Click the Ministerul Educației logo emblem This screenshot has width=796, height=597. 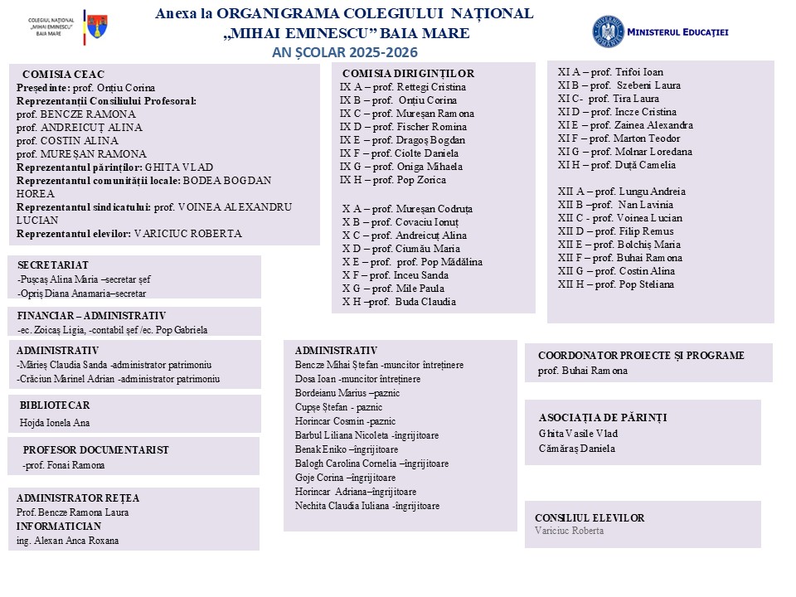click(608, 32)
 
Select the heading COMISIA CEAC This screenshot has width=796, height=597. click(63, 74)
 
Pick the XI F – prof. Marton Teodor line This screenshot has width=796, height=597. click(619, 138)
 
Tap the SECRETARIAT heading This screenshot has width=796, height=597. click(53, 264)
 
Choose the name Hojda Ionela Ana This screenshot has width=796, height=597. click(55, 423)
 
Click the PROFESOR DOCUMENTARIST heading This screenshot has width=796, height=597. click(95, 450)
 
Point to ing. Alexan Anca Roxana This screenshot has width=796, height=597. click(67, 541)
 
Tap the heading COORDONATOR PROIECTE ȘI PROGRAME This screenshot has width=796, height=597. click(641, 356)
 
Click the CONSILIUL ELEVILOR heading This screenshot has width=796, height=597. click(590, 518)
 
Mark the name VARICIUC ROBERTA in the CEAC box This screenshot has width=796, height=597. click(187, 234)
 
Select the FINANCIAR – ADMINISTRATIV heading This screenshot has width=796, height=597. click(91, 315)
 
